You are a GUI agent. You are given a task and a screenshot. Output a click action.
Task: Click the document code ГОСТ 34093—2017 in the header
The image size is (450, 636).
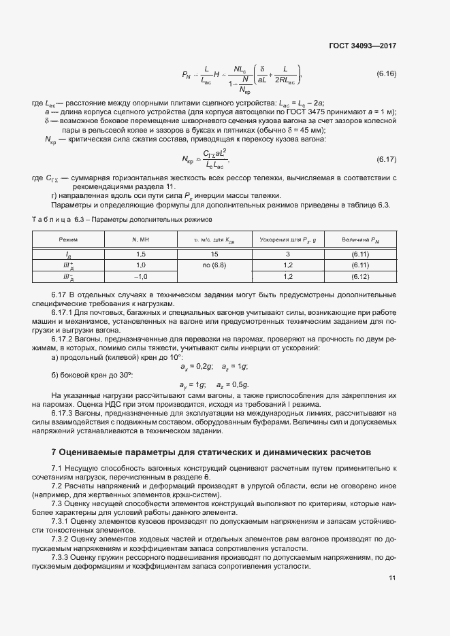point(362,46)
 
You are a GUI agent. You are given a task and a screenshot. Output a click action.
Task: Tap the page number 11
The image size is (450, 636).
point(392,578)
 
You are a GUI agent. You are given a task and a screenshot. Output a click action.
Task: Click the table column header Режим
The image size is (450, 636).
point(68,239)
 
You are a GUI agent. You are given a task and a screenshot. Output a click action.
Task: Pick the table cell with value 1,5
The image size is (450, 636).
point(142,254)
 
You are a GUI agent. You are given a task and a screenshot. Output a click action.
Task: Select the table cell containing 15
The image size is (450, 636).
point(214,254)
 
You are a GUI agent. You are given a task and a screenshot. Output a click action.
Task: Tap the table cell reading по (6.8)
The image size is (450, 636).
point(214,265)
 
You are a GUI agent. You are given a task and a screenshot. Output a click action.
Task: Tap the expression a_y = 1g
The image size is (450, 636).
point(193,385)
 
